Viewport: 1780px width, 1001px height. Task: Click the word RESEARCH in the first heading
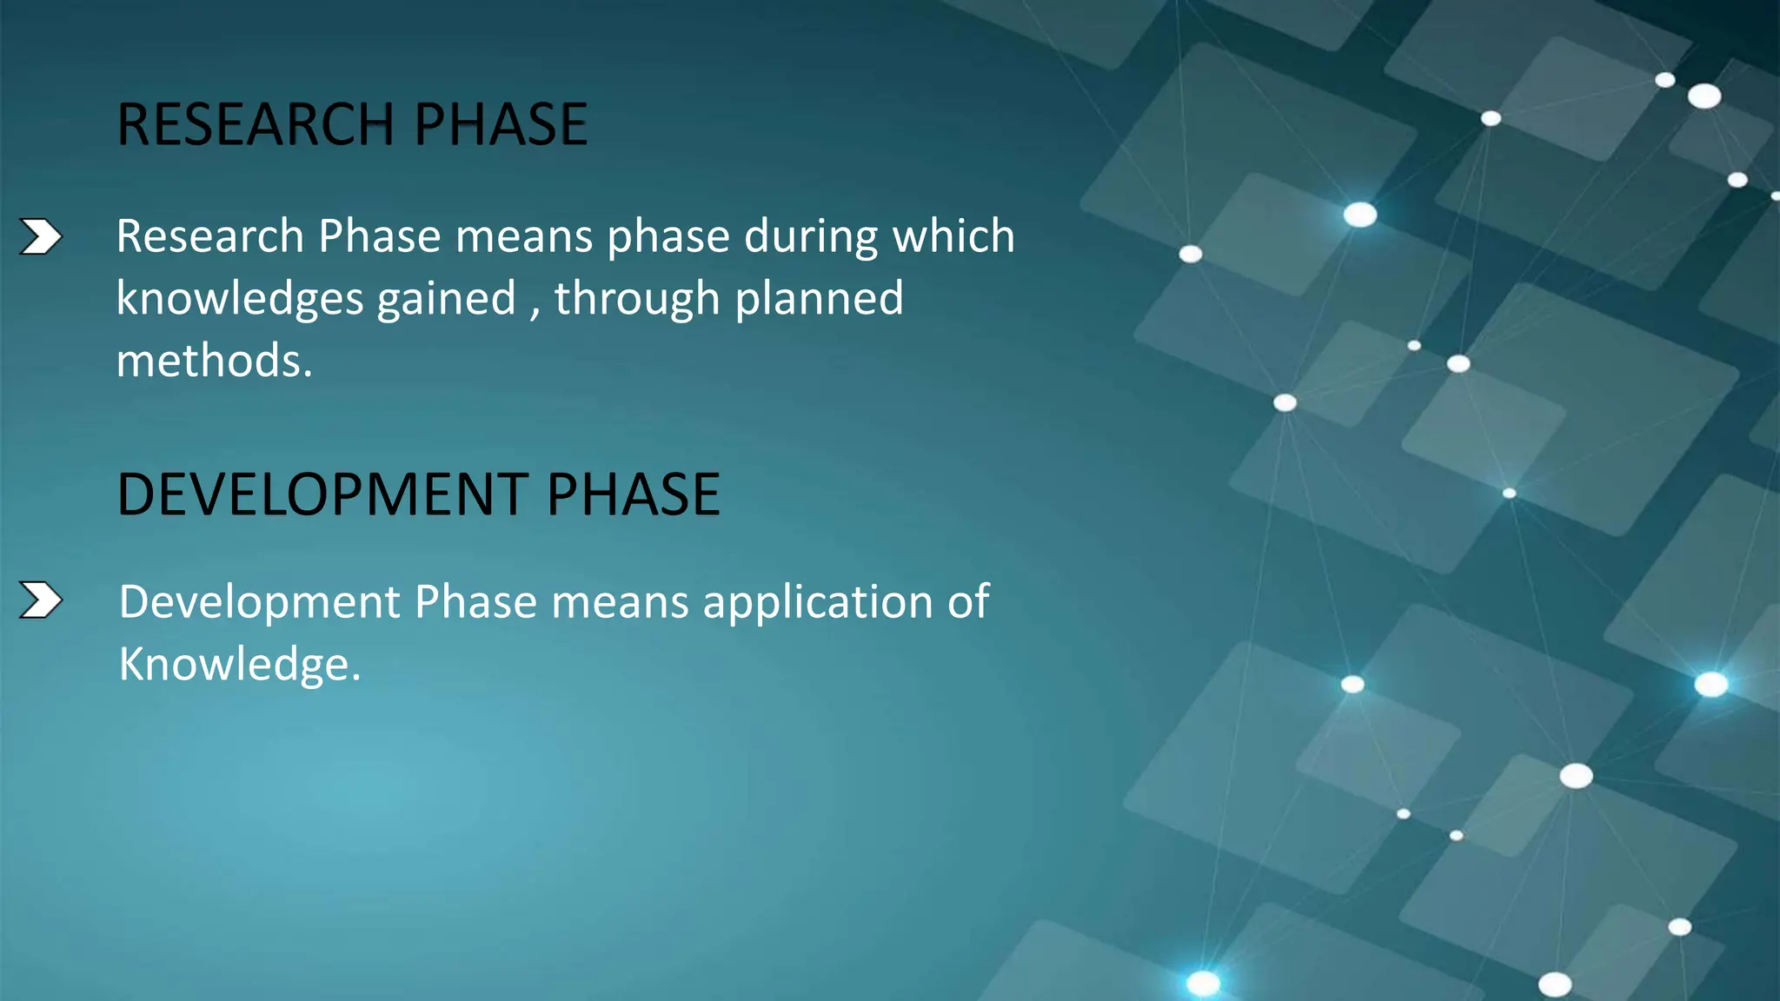tap(256, 124)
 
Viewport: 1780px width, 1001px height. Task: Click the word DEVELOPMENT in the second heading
tap(321, 494)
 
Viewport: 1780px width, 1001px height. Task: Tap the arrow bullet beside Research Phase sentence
tap(41, 236)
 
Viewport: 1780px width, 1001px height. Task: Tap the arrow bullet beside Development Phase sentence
tap(41, 600)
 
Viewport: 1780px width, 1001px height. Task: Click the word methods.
tap(214, 361)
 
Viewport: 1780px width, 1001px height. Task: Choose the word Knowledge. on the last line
tap(239, 665)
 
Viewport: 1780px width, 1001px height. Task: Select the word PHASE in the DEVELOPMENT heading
tap(633, 494)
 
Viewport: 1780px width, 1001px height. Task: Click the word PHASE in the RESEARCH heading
tap(501, 124)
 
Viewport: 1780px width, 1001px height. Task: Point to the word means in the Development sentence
tap(620, 602)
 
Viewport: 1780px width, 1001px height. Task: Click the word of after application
tap(967, 602)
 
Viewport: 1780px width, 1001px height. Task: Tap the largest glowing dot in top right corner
tap(1704, 96)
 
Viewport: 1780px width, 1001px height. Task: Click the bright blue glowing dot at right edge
tap(1711, 685)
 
